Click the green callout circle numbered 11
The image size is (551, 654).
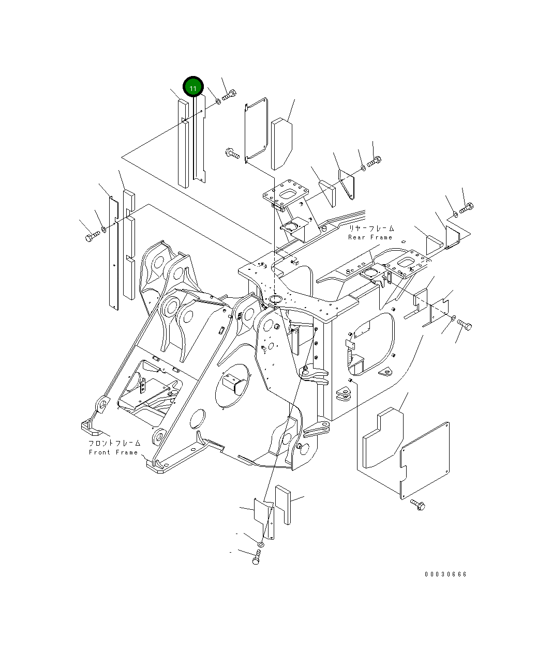click(x=193, y=88)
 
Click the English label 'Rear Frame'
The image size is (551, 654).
click(x=370, y=237)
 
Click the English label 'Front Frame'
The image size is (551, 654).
click(x=113, y=452)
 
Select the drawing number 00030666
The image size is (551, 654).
click(x=445, y=574)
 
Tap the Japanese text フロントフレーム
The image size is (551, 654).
click(x=114, y=443)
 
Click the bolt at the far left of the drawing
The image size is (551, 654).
click(x=92, y=237)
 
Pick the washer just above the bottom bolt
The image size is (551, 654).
click(x=261, y=544)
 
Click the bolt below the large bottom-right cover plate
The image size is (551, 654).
click(x=418, y=504)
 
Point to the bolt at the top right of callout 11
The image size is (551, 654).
click(x=230, y=96)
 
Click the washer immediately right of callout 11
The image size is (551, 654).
click(x=218, y=100)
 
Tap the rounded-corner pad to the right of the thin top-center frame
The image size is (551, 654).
click(x=282, y=144)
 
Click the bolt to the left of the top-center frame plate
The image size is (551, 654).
click(x=232, y=153)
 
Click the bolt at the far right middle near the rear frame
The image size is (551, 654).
click(x=464, y=325)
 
